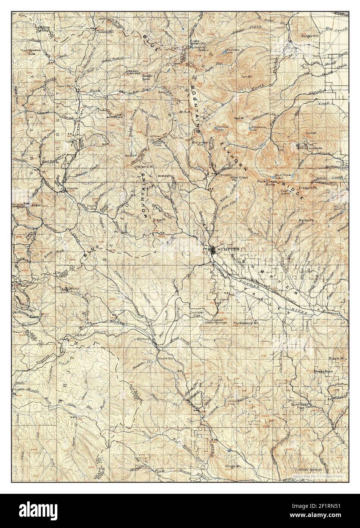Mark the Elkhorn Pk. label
pyautogui.click(x=307, y=188)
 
